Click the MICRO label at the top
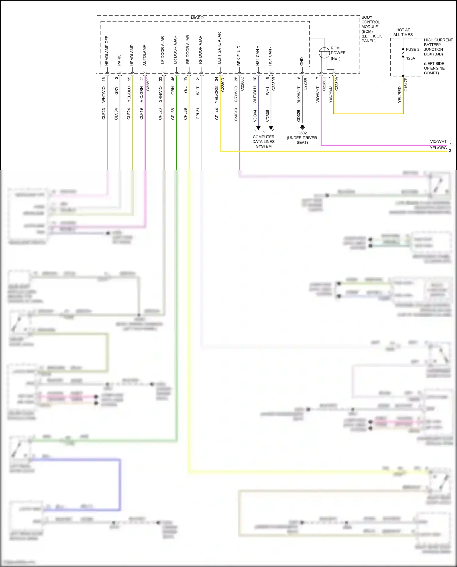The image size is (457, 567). (197, 18)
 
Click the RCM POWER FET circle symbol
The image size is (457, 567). (324, 53)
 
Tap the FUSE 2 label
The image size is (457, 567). (413, 49)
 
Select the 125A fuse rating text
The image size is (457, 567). (410, 58)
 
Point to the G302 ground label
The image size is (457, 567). (302, 133)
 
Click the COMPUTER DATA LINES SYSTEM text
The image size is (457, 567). (264, 142)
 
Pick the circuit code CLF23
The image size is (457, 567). (104, 114)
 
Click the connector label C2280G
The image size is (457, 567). (148, 83)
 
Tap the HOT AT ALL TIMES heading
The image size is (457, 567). (403, 32)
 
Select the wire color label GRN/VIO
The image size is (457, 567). (160, 94)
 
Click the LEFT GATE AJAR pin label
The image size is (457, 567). (219, 48)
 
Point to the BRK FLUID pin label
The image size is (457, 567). (239, 56)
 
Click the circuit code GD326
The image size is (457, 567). (299, 116)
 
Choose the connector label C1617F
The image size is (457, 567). (406, 85)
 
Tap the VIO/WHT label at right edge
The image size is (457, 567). (438, 141)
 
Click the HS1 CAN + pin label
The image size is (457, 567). (258, 56)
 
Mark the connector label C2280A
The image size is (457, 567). (337, 83)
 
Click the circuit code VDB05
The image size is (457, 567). (267, 116)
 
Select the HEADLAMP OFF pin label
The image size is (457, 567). (107, 51)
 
